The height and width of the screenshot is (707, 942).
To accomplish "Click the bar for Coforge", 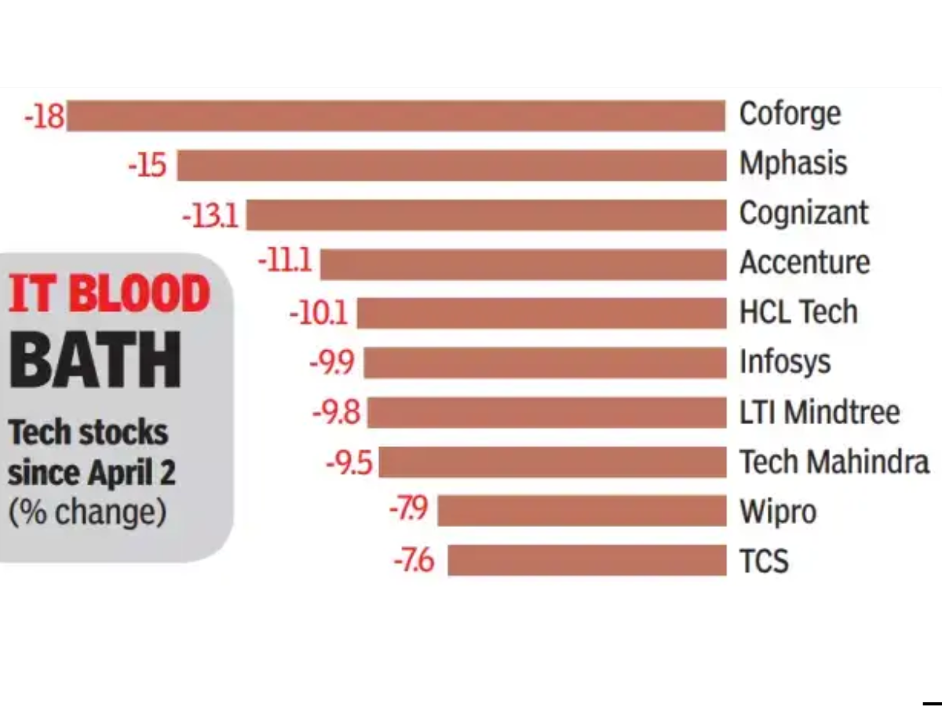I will (396, 115).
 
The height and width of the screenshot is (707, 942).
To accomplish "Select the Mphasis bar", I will (451, 165).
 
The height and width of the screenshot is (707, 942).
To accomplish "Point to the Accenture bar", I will (523, 264).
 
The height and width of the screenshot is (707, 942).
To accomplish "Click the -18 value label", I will (44, 116).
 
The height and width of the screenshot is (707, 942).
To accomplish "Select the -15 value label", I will (147, 166).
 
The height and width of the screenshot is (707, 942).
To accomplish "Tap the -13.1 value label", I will (210, 214).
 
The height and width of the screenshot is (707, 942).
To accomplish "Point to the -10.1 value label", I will (318, 313).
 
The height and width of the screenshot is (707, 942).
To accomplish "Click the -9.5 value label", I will (349, 463).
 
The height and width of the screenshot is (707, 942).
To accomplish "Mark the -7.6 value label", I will (414, 562).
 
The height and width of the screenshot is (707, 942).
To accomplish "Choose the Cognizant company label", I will (804, 214).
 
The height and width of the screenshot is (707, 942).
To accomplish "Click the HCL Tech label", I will (798, 313).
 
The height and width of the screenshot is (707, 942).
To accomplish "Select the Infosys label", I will (785, 362).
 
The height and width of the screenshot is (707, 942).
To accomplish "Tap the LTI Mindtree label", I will (820, 412).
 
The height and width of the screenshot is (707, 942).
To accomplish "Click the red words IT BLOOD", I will (110, 295).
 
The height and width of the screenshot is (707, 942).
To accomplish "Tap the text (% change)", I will (87, 512).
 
